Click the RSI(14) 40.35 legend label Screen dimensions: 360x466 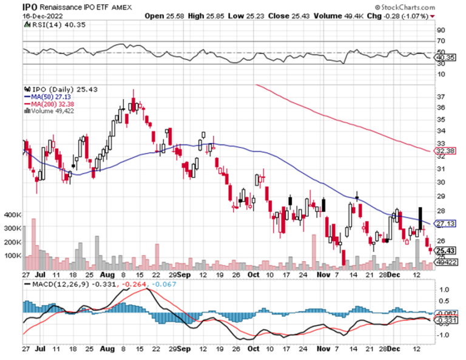coord(49,25)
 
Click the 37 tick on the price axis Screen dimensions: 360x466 coord(441,97)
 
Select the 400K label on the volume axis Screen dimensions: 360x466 coord(12,215)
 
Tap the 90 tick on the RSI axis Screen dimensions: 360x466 coord(441,30)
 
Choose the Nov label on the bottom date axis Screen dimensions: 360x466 coord(321,350)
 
